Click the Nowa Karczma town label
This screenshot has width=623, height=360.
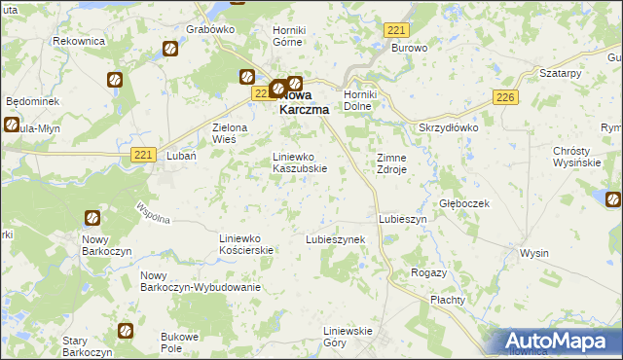point(303,103)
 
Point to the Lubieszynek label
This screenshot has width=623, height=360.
point(335,239)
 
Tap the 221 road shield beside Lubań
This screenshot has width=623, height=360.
point(144,155)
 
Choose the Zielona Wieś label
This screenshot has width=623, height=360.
point(232,133)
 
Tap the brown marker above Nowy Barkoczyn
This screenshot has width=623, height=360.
point(92,219)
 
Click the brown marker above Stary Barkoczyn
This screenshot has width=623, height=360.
point(125,331)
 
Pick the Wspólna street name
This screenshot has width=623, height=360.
point(154,212)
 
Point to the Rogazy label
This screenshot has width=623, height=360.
point(429,273)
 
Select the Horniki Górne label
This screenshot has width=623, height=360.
point(289,36)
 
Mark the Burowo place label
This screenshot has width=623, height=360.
point(410,47)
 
